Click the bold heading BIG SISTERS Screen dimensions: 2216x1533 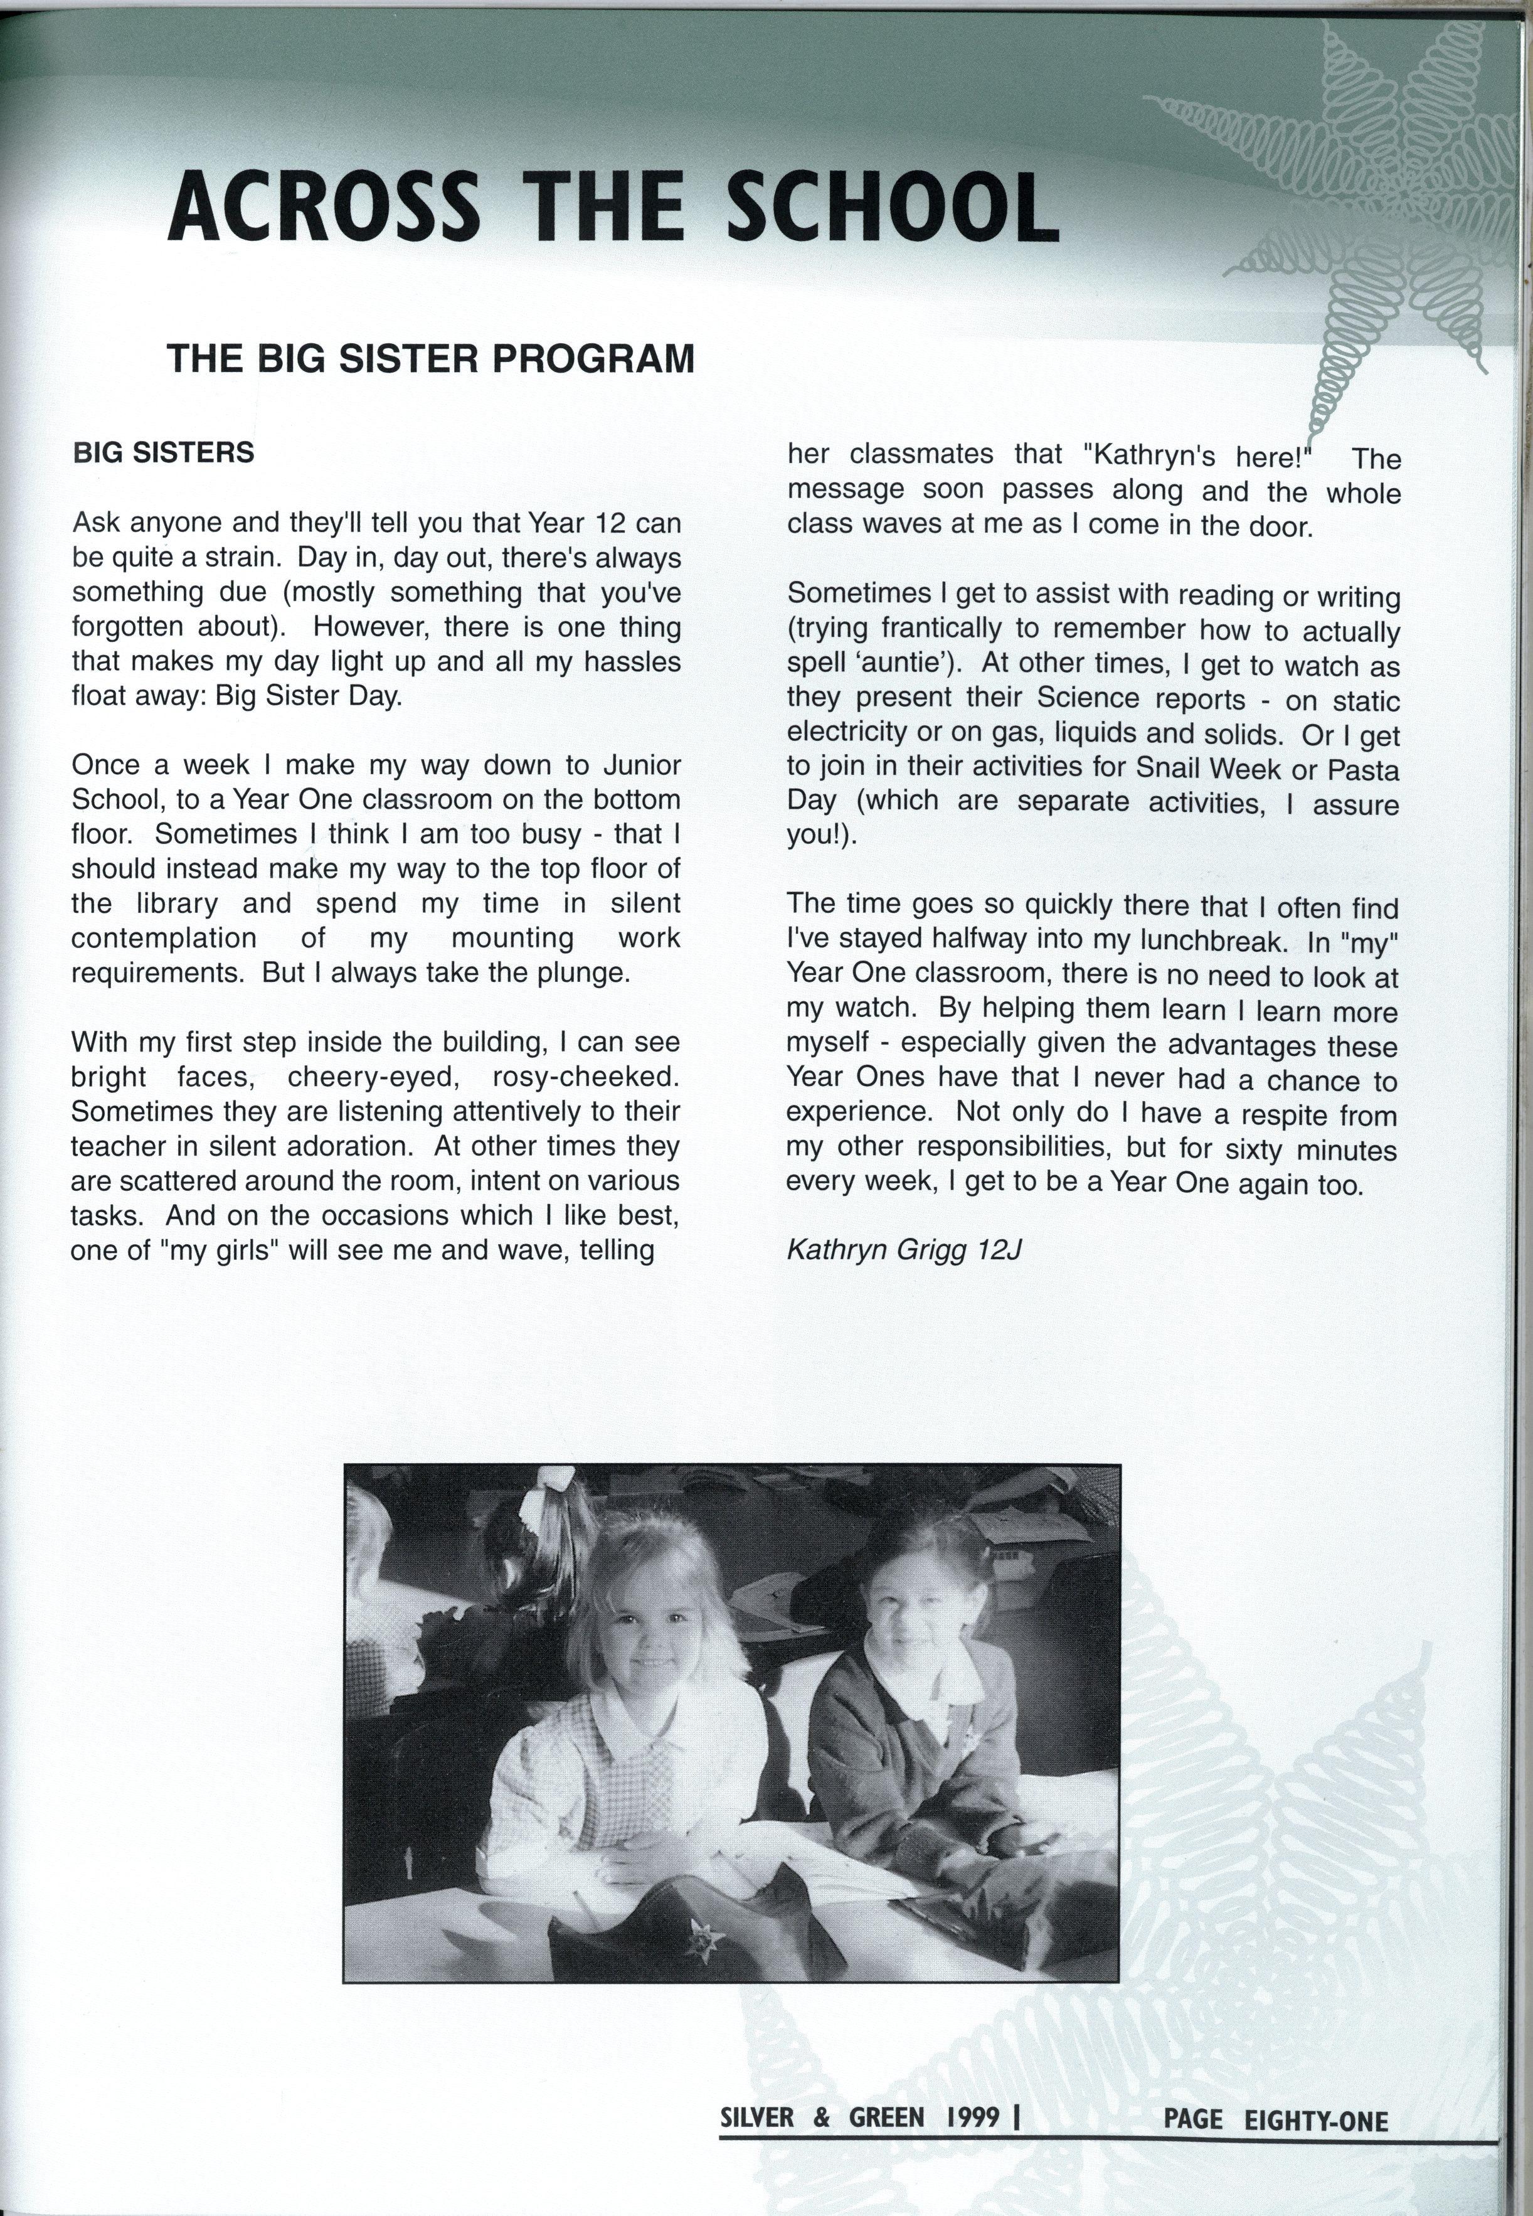pos(163,452)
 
